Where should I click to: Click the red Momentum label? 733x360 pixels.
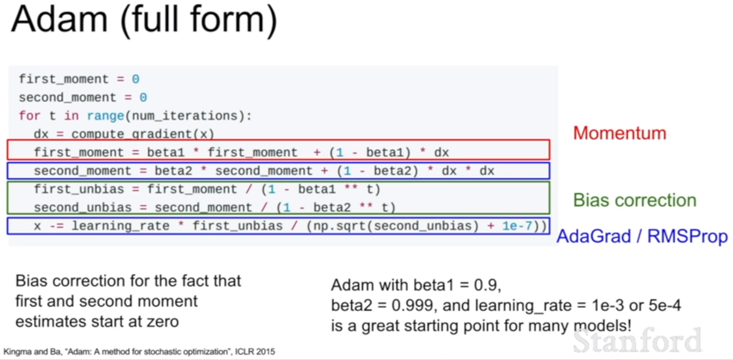pos(620,133)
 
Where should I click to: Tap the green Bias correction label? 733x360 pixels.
pos(635,200)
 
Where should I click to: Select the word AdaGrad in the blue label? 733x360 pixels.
pos(594,236)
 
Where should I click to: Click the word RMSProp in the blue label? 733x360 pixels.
pos(687,237)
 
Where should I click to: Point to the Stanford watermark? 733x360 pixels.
pos(638,340)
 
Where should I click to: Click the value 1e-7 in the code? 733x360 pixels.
pos(517,226)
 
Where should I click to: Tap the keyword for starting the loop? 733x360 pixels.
pos(30,116)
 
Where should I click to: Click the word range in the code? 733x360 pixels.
pos(105,116)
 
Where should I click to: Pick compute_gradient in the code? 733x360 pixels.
pos(131,134)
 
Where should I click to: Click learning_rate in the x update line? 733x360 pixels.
pos(120,226)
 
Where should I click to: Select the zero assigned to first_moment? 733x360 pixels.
pos(136,79)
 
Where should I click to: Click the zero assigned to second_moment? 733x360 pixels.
pos(143,98)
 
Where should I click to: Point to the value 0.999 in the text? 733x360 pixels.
pos(412,306)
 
